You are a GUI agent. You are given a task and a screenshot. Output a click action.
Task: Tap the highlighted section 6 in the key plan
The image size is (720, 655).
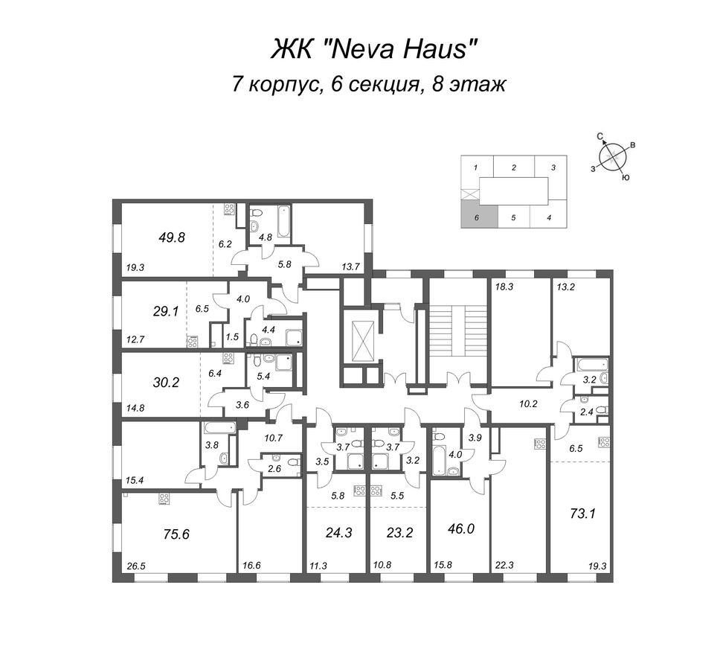[475, 217]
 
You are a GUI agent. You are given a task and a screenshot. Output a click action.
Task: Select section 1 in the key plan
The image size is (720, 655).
[475, 168]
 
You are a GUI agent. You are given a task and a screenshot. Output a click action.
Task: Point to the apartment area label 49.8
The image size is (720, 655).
[170, 237]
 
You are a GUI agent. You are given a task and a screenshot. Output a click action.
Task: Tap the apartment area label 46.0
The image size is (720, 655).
[460, 529]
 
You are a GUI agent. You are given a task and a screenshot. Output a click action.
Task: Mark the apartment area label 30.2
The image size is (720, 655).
[166, 383]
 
